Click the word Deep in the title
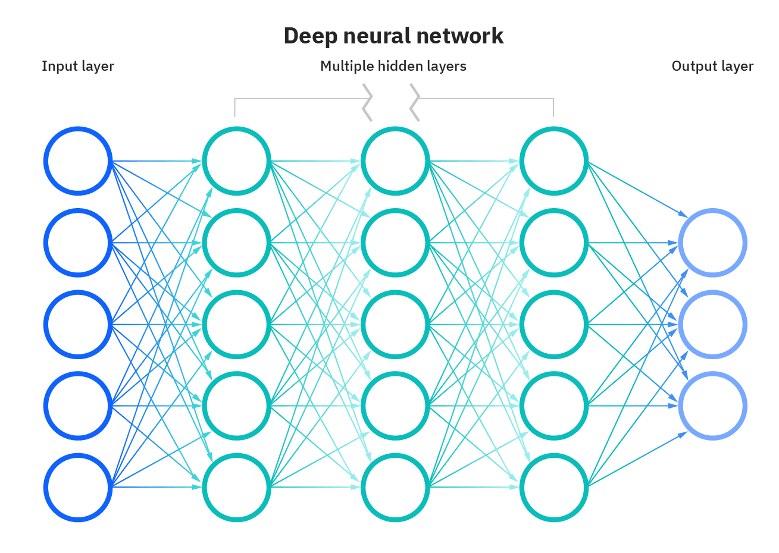(x=308, y=36)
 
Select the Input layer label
(x=77, y=66)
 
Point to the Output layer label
(x=712, y=66)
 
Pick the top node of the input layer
(x=78, y=161)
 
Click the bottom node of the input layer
(x=78, y=488)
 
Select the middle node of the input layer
(x=78, y=324)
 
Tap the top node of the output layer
(x=712, y=243)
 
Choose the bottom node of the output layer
(x=712, y=406)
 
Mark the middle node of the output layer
(x=712, y=325)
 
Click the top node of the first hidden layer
(x=236, y=161)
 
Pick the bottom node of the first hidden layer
(x=236, y=488)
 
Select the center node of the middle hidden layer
(x=395, y=324)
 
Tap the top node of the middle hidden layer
(x=395, y=161)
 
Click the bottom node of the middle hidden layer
(x=395, y=488)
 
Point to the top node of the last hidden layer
(x=553, y=161)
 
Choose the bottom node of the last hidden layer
(x=553, y=488)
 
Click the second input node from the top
(x=78, y=243)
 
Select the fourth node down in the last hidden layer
(x=553, y=406)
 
